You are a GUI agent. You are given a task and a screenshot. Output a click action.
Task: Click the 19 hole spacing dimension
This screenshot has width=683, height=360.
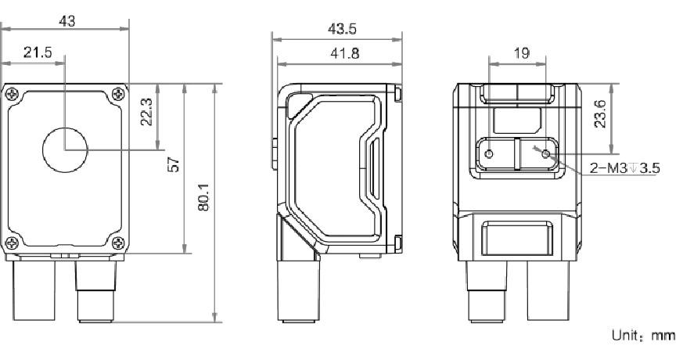(x=519, y=53)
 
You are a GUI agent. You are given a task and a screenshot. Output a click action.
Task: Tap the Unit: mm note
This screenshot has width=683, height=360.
(x=642, y=335)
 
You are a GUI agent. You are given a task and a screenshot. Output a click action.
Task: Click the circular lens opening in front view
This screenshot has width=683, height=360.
(x=65, y=149)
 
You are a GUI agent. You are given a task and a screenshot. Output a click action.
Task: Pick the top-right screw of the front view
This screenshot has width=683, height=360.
(x=117, y=94)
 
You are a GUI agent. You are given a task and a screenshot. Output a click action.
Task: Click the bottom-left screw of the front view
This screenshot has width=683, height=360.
(x=12, y=241)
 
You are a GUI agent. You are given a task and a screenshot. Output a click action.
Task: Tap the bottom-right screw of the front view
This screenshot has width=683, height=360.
(x=117, y=241)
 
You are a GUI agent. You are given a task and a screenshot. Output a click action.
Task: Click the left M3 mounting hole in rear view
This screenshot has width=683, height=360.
(x=490, y=154)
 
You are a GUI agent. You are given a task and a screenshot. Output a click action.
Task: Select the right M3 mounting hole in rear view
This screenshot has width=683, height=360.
(x=546, y=154)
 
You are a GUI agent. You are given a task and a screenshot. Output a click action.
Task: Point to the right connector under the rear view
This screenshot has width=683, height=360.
(x=547, y=290)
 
